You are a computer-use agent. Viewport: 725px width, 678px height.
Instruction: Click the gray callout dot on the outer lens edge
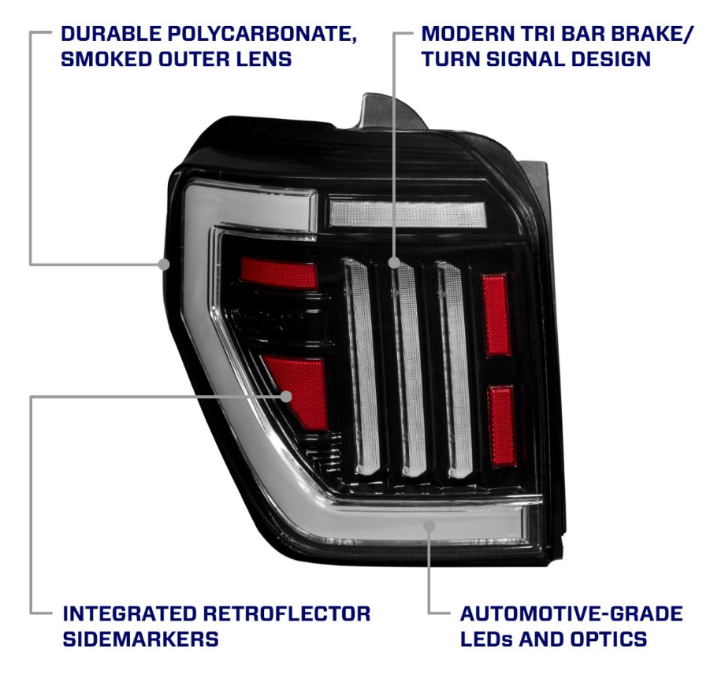pyautogui.click(x=164, y=264)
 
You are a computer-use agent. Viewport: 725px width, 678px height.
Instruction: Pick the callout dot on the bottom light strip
pyautogui.click(x=429, y=526)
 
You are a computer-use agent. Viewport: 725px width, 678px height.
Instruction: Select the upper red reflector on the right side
pyautogui.click(x=496, y=315)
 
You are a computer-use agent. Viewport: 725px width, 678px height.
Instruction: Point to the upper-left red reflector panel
pyautogui.click(x=279, y=272)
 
